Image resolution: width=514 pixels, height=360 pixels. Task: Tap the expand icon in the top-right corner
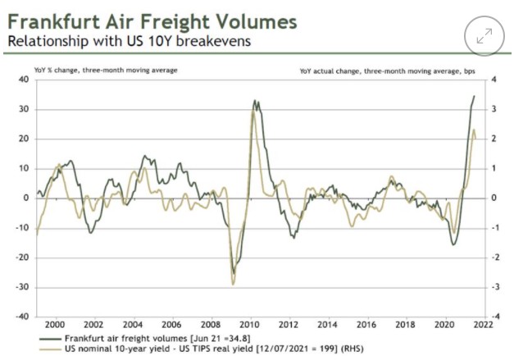(x=483, y=36)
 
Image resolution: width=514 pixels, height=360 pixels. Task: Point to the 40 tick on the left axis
(x=23, y=80)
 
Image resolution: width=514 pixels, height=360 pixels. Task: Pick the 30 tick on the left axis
(x=23, y=109)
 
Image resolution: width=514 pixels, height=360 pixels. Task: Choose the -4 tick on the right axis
(x=494, y=317)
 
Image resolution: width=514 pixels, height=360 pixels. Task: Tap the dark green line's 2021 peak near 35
(x=474, y=96)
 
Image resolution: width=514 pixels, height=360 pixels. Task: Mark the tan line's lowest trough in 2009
(x=234, y=285)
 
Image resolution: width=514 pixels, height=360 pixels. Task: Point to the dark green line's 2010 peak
(x=255, y=101)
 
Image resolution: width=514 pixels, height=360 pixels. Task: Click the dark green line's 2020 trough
(x=453, y=244)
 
